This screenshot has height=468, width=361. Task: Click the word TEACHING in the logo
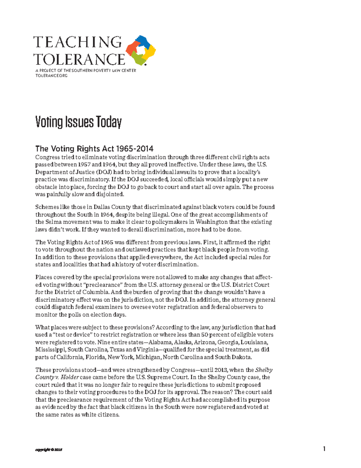pos(78,42)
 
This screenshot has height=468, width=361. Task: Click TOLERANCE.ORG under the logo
pos(51,76)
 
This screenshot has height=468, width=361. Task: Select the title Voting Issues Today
pos(79,122)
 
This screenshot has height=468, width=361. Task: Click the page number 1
pos(324,449)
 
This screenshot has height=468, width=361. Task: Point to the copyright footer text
pos(49,450)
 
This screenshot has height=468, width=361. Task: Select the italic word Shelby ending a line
pos(264,370)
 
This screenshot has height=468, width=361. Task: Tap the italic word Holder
pos(70,377)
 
